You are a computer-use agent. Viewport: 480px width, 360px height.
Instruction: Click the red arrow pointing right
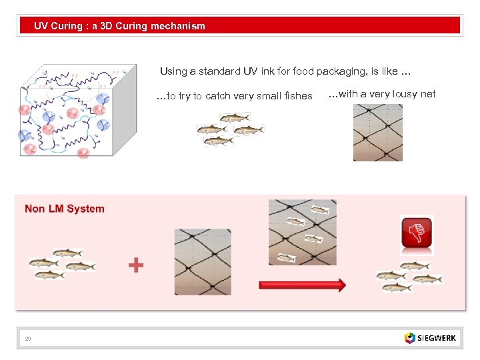(301, 285)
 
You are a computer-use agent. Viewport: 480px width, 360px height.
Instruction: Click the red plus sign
(136, 265)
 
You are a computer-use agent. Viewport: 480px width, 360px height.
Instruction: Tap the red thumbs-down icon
(417, 234)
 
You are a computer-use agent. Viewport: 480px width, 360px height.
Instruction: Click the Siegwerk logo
(430, 338)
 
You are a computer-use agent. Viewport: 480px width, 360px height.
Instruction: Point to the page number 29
(28, 339)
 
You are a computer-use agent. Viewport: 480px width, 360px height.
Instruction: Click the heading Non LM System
(65, 209)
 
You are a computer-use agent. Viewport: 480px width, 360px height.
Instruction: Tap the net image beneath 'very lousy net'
(377, 133)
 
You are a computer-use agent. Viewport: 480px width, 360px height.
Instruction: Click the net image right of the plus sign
(203, 261)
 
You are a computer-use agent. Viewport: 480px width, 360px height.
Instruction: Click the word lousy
(405, 94)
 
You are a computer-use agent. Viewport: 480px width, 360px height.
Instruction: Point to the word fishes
(298, 96)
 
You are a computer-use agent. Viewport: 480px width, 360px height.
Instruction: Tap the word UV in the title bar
(41, 26)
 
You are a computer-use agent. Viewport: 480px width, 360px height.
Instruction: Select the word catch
(219, 96)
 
